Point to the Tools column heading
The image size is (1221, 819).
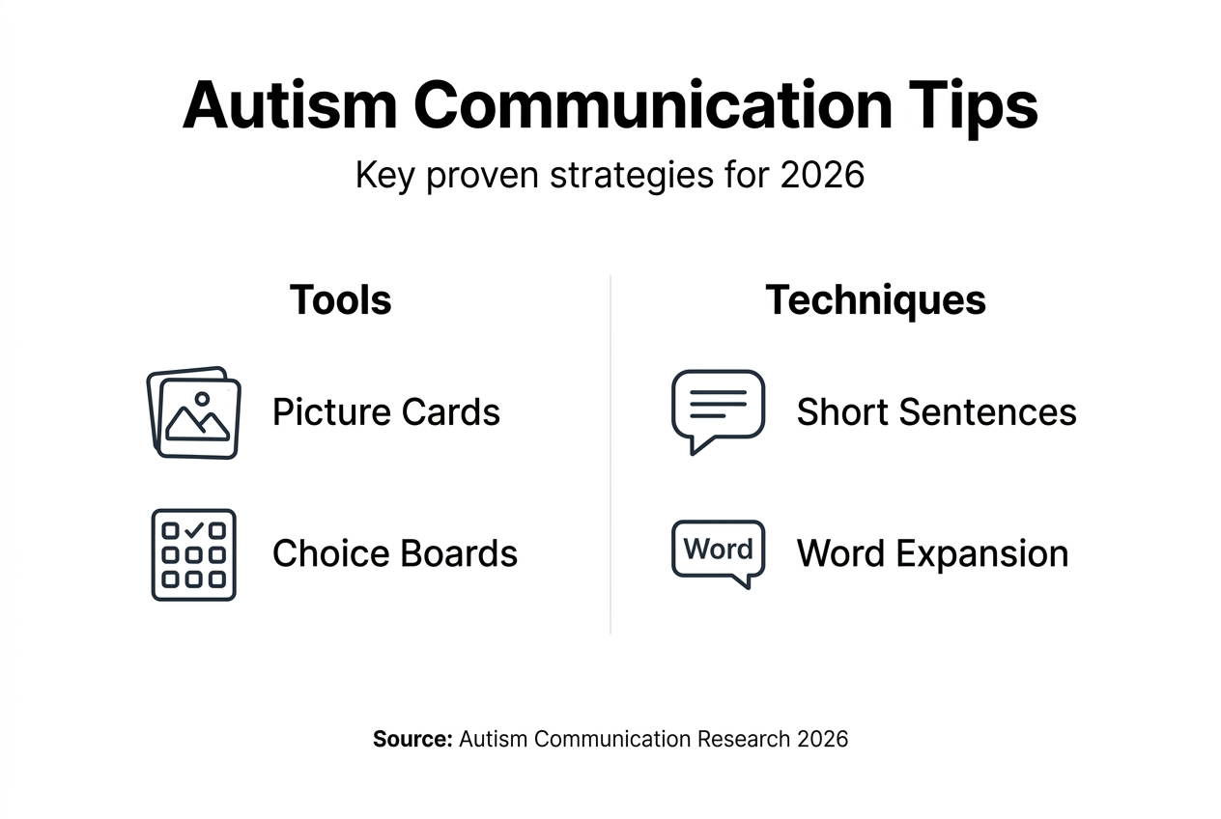[340, 300]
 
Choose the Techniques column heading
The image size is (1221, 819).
[875, 300]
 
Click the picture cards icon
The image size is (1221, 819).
[193, 412]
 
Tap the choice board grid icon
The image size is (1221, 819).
[193, 555]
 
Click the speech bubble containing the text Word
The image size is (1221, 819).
[718, 551]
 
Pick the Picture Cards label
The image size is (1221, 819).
[386, 412]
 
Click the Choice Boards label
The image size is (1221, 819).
[395, 554]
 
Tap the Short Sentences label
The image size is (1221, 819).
[936, 412]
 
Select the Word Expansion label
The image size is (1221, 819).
[932, 554]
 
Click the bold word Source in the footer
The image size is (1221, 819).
[412, 740]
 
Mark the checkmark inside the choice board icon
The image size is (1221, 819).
[193, 530]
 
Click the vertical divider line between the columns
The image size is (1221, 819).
[610, 454]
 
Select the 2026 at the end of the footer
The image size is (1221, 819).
[823, 740]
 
